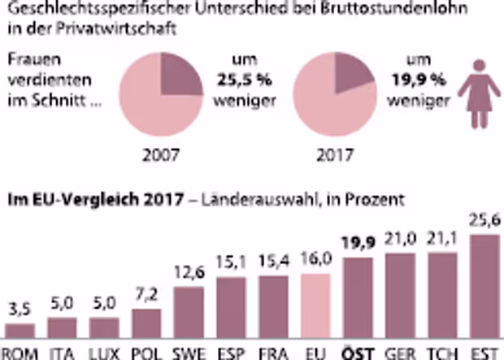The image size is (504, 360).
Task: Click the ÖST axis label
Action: tap(355, 353)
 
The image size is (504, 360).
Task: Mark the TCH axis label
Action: tap(440, 353)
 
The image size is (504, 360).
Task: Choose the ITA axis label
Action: tap(62, 353)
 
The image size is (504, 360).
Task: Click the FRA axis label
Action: tap(272, 353)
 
